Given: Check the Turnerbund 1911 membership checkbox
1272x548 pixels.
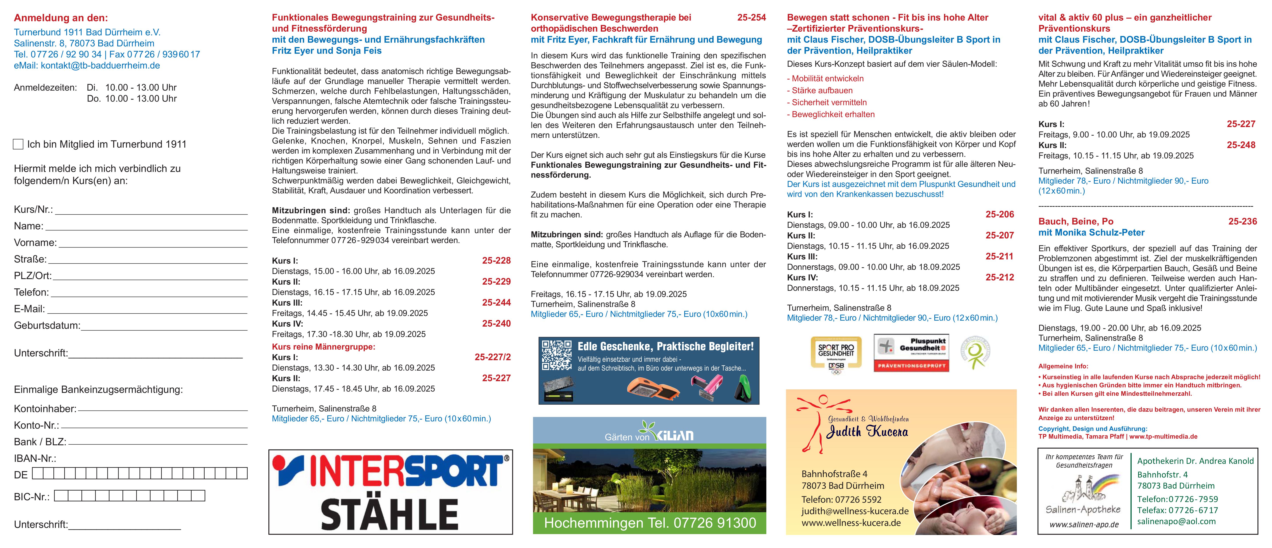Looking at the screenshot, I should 18,144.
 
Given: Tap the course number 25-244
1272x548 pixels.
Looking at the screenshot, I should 496,303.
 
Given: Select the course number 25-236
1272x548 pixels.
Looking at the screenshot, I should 1242,221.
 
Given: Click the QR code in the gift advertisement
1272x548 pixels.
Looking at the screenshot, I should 556,355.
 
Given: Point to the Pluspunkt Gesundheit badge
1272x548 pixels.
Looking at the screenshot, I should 911,353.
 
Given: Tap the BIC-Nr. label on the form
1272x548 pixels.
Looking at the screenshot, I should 32,497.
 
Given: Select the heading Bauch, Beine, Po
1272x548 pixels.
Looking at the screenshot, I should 1076,221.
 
